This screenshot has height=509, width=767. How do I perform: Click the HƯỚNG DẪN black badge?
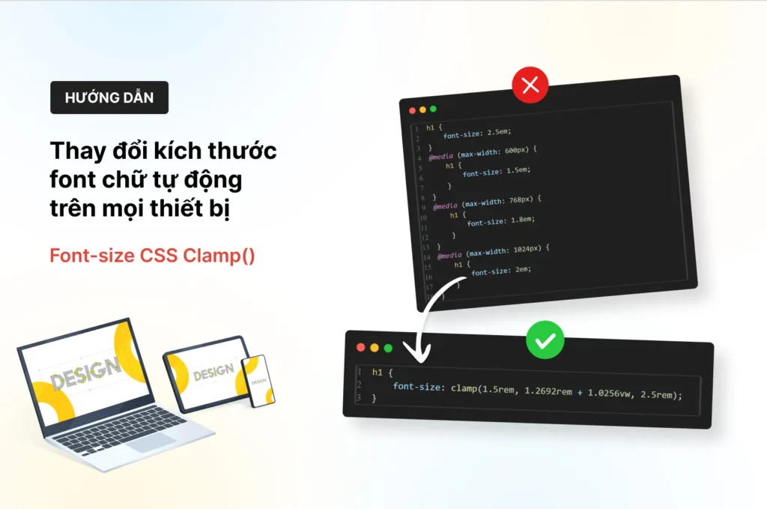(109, 97)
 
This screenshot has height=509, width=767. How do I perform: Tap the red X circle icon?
(530, 85)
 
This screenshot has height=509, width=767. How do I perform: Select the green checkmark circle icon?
(545, 341)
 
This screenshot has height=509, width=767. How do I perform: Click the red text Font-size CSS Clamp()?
(152, 256)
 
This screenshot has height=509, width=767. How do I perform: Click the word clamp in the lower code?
(465, 390)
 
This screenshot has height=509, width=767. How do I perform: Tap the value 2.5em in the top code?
(498, 131)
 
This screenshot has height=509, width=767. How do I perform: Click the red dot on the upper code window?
(412, 110)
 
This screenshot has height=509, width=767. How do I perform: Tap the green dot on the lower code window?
(388, 348)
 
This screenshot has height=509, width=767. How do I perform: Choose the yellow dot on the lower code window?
(374, 348)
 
